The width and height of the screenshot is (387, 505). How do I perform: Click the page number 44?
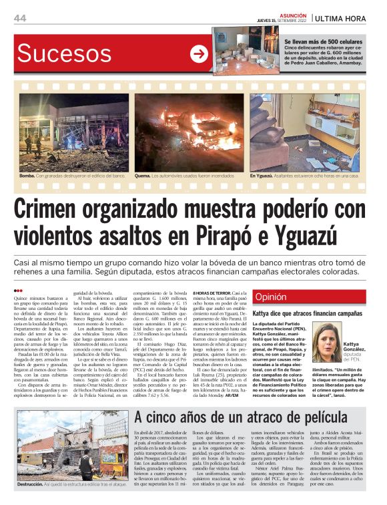(20, 18)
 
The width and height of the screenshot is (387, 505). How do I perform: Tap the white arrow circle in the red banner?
(199, 54)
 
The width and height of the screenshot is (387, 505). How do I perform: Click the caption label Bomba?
(27, 176)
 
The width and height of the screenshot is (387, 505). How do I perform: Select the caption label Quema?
(143, 176)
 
